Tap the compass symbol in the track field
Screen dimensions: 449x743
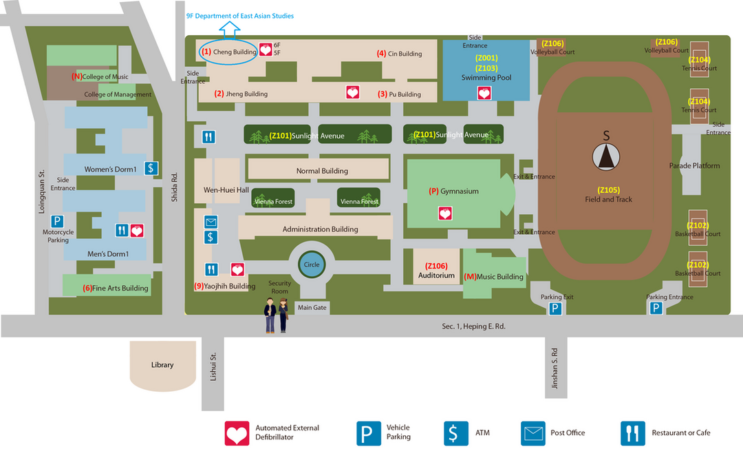[606, 158]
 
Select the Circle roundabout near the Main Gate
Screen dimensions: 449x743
[312, 264]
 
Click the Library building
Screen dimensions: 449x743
[162, 365]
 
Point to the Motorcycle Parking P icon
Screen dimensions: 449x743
[58, 222]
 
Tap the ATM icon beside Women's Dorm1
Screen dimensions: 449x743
[152, 168]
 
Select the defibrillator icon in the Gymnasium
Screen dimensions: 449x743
[445, 213]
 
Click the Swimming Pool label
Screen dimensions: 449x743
[486, 78]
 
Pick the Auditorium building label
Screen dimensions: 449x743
[437, 275]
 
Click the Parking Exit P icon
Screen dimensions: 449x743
[555, 309]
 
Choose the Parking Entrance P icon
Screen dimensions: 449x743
[656, 309]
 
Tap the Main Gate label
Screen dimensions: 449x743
[312, 307]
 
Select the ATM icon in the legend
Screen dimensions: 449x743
[453, 433]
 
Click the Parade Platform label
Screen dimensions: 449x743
[694, 166]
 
